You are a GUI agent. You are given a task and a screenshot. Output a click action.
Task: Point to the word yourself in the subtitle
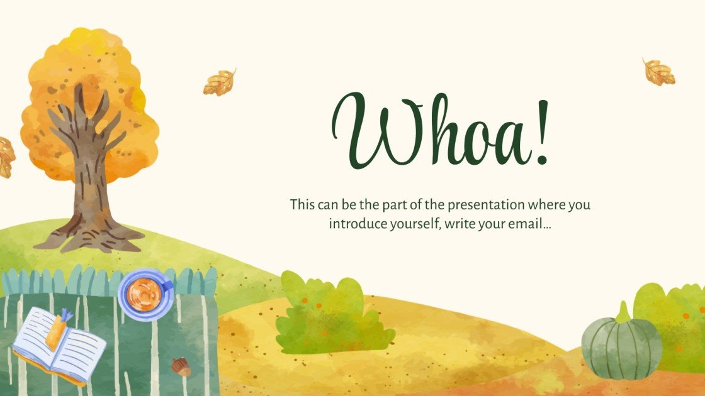pyautogui.click(x=410, y=224)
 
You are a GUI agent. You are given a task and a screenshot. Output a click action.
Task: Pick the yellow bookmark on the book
pyautogui.click(x=55, y=329)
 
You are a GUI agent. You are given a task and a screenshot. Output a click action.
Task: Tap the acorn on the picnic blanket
pyautogui.click(x=181, y=366)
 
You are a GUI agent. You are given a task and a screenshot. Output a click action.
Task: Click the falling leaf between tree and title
pyautogui.click(x=219, y=82)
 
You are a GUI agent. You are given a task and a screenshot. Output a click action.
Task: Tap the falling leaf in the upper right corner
pyautogui.click(x=658, y=72)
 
